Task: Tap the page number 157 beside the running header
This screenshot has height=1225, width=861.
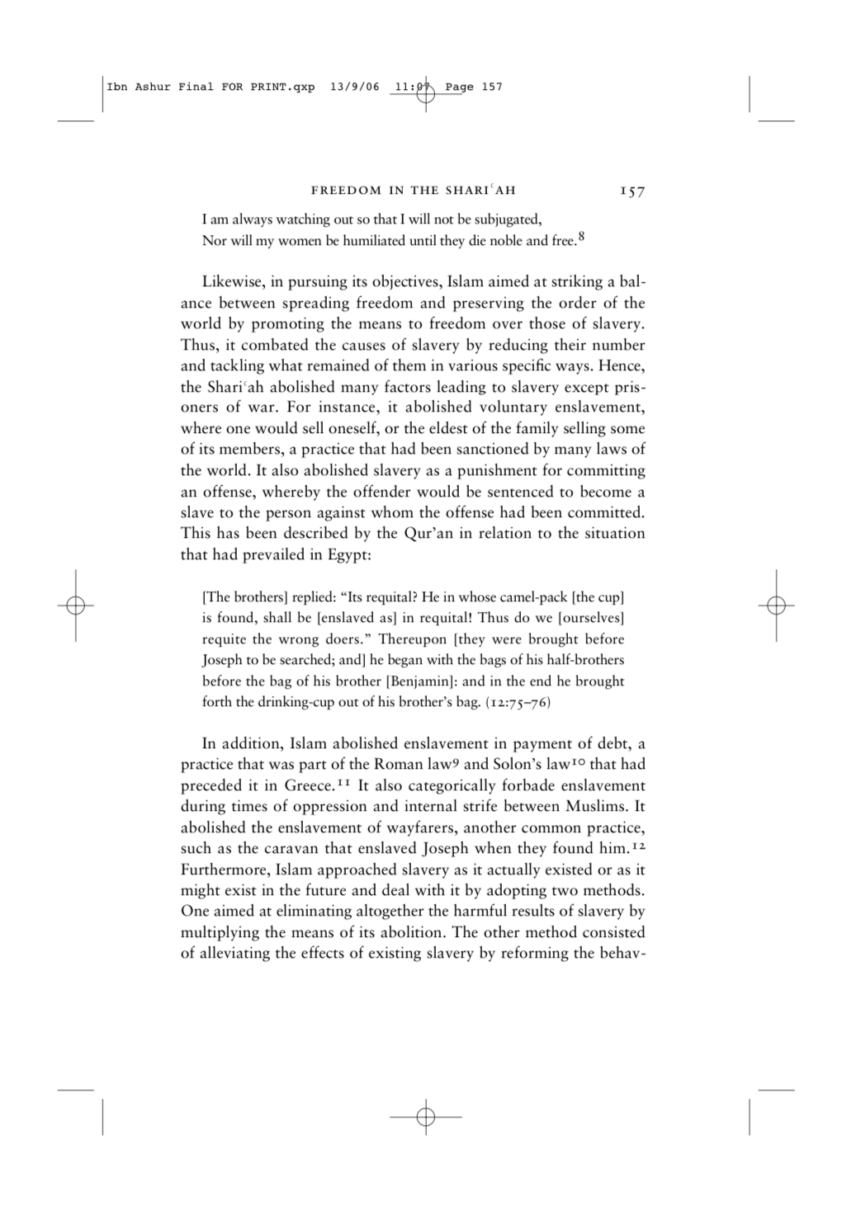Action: click(x=632, y=191)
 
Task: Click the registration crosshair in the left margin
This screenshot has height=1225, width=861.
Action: click(x=75, y=605)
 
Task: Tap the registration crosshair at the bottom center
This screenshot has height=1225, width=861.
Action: click(x=425, y=1117)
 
